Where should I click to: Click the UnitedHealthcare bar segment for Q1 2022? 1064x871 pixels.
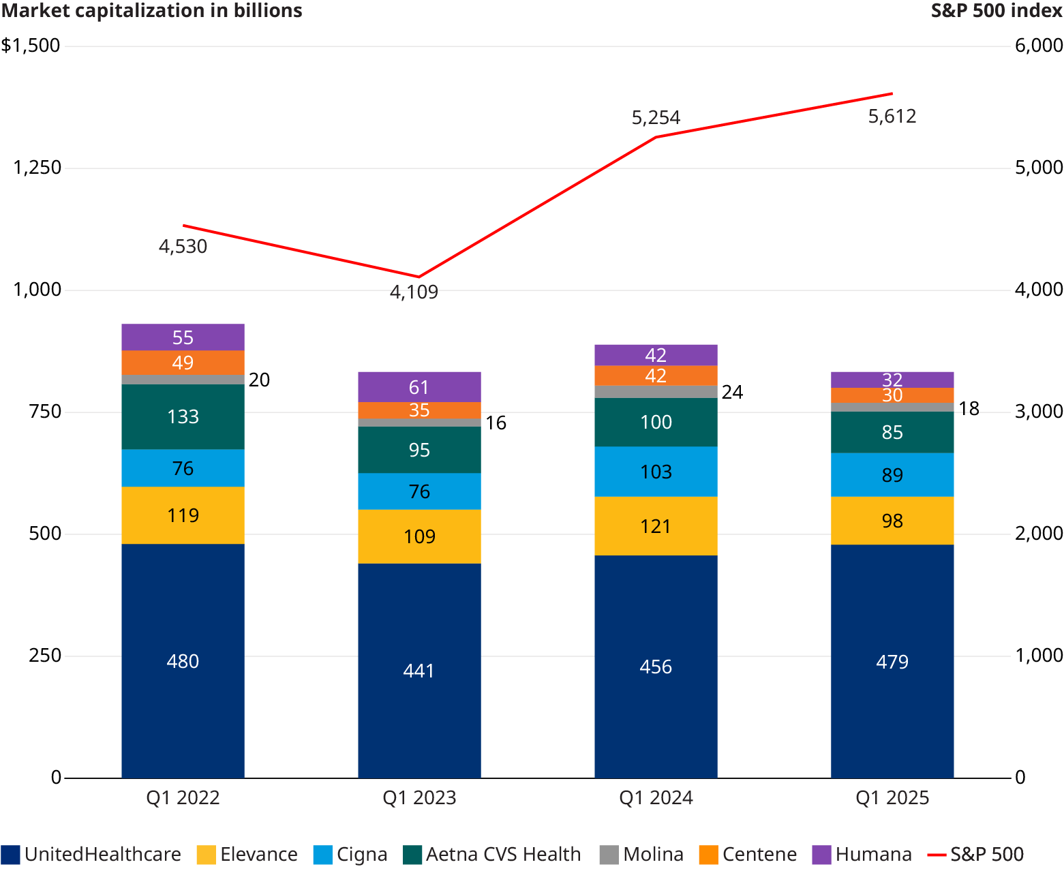[x=183, y=660]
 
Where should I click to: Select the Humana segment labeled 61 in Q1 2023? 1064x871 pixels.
[x=419, y=386]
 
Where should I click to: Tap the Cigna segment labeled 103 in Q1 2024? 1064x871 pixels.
[x=656, y=472]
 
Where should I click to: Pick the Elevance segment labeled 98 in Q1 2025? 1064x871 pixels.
[x=892, y=521]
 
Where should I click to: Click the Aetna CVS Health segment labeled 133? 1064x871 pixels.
[x=183, y=416]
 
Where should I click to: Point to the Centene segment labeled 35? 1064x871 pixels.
[x=419, y=410]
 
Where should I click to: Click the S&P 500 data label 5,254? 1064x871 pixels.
[x=656, y=118]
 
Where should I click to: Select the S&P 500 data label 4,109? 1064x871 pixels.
[x=414, y=292]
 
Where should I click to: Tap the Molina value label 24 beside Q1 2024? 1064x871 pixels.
[x=732, y=392]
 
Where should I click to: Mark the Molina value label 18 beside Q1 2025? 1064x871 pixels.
[x=969, y=408]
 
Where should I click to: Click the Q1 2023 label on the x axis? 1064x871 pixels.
[x=419, y=798]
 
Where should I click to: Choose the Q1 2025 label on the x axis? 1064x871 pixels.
[x=892, y=798]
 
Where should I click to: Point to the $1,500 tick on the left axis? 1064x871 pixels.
[x=31, y=46]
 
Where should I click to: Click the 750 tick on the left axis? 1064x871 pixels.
[x=45, y=412]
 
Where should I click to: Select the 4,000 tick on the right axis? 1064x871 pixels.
[x=1038, y=290]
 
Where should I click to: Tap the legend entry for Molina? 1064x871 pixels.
[x=641, y=855]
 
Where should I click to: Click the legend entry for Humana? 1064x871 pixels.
[x=862, y=855]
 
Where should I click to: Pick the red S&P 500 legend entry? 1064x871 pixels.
[x=976, y=855]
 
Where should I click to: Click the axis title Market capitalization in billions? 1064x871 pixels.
[x=152, y=11]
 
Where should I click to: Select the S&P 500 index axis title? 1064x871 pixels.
[x=997, y=11]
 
